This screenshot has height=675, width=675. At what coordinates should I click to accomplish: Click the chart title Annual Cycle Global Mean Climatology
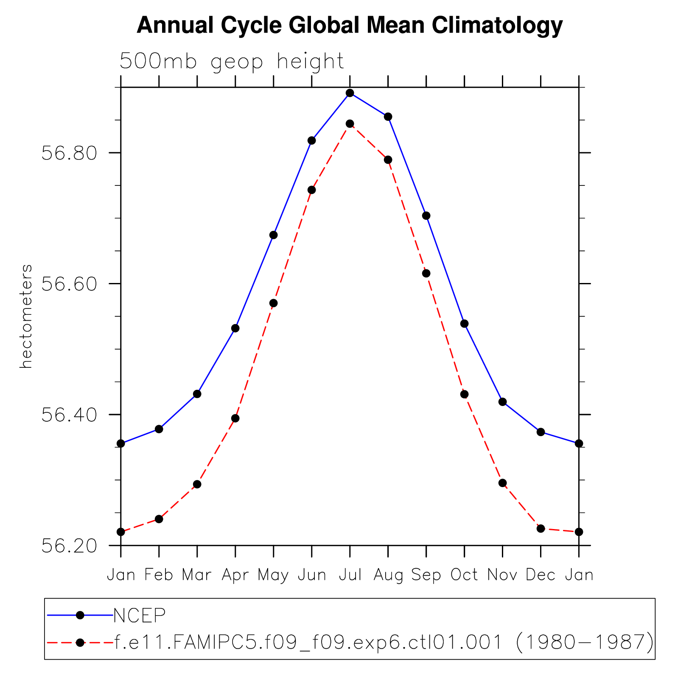click(x=350, y=25)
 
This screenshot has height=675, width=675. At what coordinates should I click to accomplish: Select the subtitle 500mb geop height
click(x=232, y=62)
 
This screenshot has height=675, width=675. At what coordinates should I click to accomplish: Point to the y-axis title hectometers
click(x=26, y=316)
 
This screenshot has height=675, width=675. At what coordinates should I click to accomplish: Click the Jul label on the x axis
click(x=350, y=575)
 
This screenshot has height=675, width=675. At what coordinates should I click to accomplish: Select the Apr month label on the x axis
click(x=235, y=575)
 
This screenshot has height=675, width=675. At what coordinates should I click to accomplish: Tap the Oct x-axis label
click(x=464, y=575)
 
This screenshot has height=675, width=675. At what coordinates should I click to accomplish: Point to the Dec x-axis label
click(x=541, y=575)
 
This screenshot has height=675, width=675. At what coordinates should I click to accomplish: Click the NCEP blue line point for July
click(x=350, y=93)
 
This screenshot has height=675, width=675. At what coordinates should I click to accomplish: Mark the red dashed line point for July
click(x=350, y=124)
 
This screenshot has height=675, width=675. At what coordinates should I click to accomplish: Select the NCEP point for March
click(x=197, y=394)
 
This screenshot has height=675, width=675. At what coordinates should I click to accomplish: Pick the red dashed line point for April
click(x=235, y=418)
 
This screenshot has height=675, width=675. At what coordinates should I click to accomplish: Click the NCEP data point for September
click(x=426, y=216)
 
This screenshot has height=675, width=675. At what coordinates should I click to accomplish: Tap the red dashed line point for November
click(x=503, y=483)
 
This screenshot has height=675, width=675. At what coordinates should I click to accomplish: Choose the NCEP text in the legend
click(x=140, y=615)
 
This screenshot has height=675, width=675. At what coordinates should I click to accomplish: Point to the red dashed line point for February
click(x=159, y=519)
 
